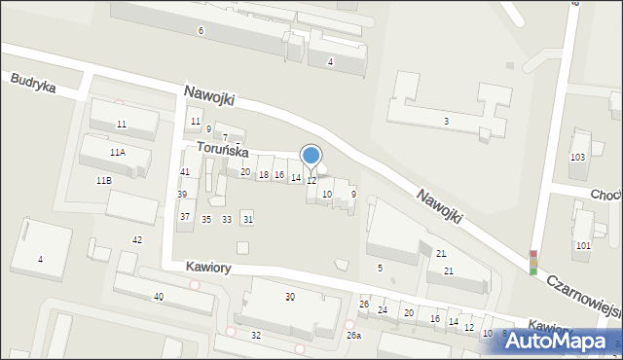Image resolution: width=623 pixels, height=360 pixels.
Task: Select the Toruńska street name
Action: [222, 151]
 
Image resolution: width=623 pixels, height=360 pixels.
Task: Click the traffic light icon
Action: [532, 263]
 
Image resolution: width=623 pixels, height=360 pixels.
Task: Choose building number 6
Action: [201, 31]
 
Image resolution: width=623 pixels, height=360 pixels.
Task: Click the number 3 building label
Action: [446, 121]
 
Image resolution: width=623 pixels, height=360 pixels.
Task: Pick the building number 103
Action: [577, 158]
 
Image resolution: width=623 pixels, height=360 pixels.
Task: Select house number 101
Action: [583, 245]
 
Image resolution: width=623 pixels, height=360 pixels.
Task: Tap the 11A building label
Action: [117, 153]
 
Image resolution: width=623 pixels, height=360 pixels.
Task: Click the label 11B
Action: [103, 181]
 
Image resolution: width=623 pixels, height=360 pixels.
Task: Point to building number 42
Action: [137, 239]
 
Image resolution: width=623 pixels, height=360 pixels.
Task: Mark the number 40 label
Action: [158, 297]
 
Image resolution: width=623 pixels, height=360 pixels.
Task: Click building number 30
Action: [289, 296]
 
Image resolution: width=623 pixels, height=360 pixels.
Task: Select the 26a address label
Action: [354, 336]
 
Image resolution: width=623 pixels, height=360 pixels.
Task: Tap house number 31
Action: [248, 219]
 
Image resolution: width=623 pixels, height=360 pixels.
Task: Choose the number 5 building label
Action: [380, 268]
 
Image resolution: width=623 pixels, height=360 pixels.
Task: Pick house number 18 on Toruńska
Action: [263, 174]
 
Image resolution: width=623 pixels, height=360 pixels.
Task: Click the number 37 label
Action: [185, 216]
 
